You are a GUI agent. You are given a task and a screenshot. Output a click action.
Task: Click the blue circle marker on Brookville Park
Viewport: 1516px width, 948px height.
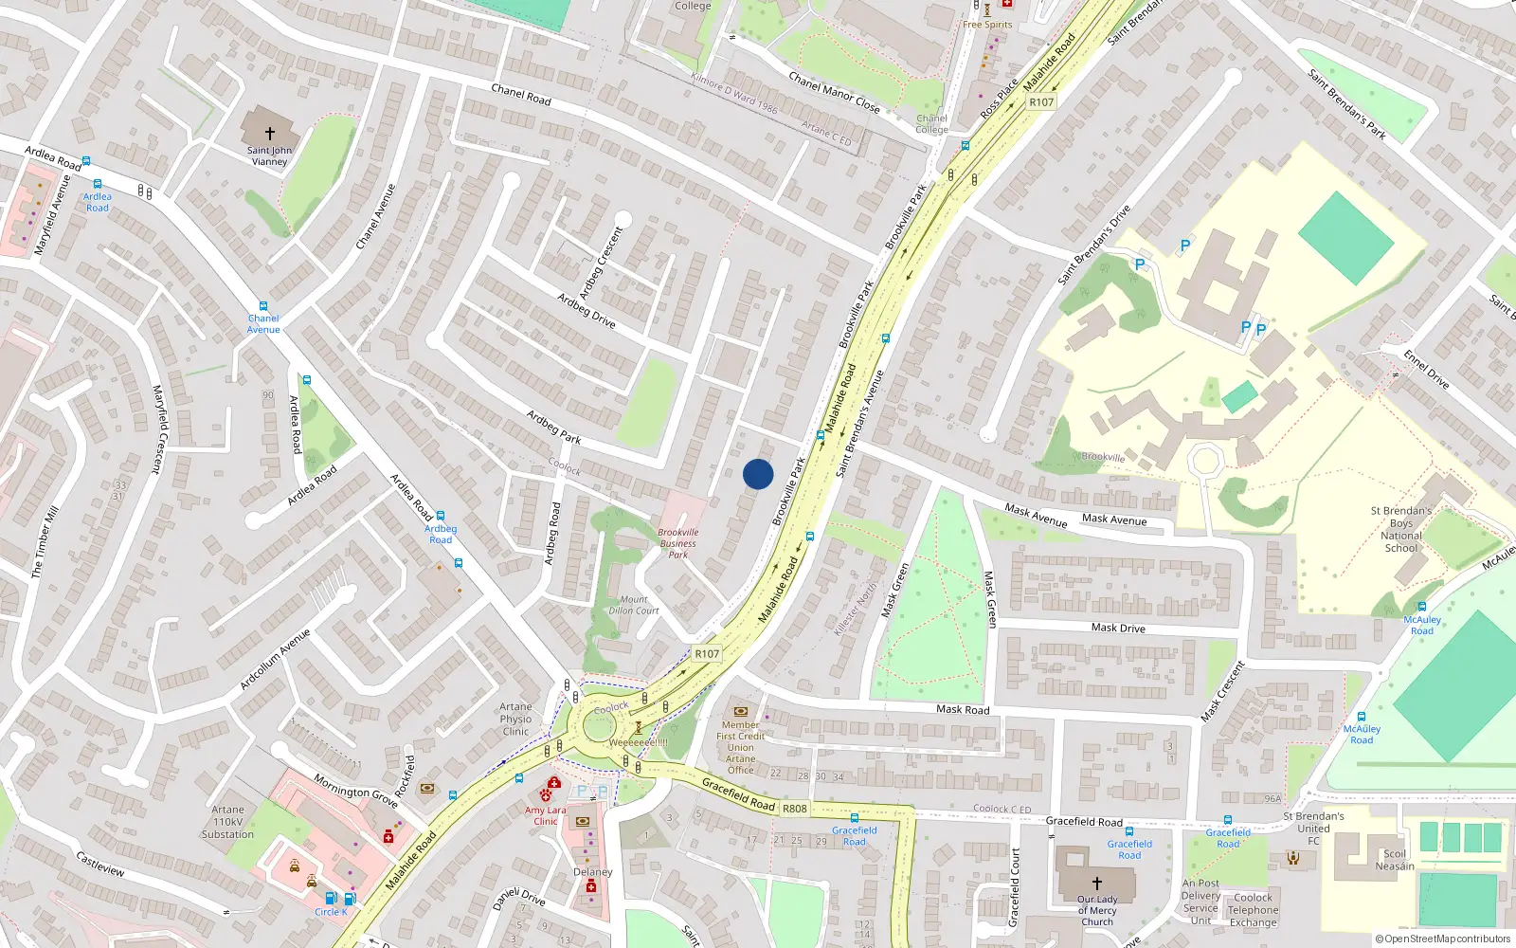coord(758,474)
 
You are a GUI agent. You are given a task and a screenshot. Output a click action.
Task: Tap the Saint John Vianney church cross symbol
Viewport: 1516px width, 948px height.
coord(270,134)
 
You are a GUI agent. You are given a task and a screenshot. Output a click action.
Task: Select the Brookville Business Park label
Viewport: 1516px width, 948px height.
coord(678,543)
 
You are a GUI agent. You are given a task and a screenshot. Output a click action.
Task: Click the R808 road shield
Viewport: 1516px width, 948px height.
coord(795,809)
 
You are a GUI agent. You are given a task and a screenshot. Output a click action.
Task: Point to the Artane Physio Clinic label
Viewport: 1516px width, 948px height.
coord(515,720)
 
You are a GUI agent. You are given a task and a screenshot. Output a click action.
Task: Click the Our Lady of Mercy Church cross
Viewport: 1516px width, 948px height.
coord(1097,884)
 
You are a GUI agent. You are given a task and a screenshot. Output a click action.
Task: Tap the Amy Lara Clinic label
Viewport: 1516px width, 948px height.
coord(545,815)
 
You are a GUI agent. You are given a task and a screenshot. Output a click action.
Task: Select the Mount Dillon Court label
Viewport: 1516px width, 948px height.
coord(634,605)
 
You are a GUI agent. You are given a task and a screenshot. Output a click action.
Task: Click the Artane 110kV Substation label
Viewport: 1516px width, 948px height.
coord(227,822)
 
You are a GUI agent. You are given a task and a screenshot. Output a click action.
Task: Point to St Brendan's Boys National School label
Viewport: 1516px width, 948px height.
coord(1401,529)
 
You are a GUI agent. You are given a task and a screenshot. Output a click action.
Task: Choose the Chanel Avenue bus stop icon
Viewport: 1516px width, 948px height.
coord(263,307)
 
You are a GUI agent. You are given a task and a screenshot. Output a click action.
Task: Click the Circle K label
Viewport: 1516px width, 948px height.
coord(331,912)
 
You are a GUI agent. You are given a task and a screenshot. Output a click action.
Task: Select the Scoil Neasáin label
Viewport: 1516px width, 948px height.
coord(1395,860)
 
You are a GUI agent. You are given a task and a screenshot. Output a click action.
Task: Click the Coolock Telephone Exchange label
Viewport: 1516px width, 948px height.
coord(1253,910)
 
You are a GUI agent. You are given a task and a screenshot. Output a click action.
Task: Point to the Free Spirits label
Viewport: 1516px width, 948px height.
coord(987,25)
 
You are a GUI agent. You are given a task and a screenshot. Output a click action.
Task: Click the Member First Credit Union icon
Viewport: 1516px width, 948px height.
coord(741,711)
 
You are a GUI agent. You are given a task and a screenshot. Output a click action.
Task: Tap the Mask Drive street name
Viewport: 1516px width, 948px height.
coord(1118,628)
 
